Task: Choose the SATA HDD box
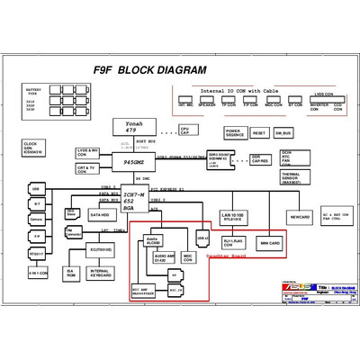(101, 215)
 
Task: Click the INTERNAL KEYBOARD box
(101, 273)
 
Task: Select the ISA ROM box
(70, 273)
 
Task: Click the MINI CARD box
(270, 243)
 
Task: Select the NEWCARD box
(299, 217)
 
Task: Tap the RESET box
(259, 132)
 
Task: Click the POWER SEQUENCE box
(233, 132)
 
